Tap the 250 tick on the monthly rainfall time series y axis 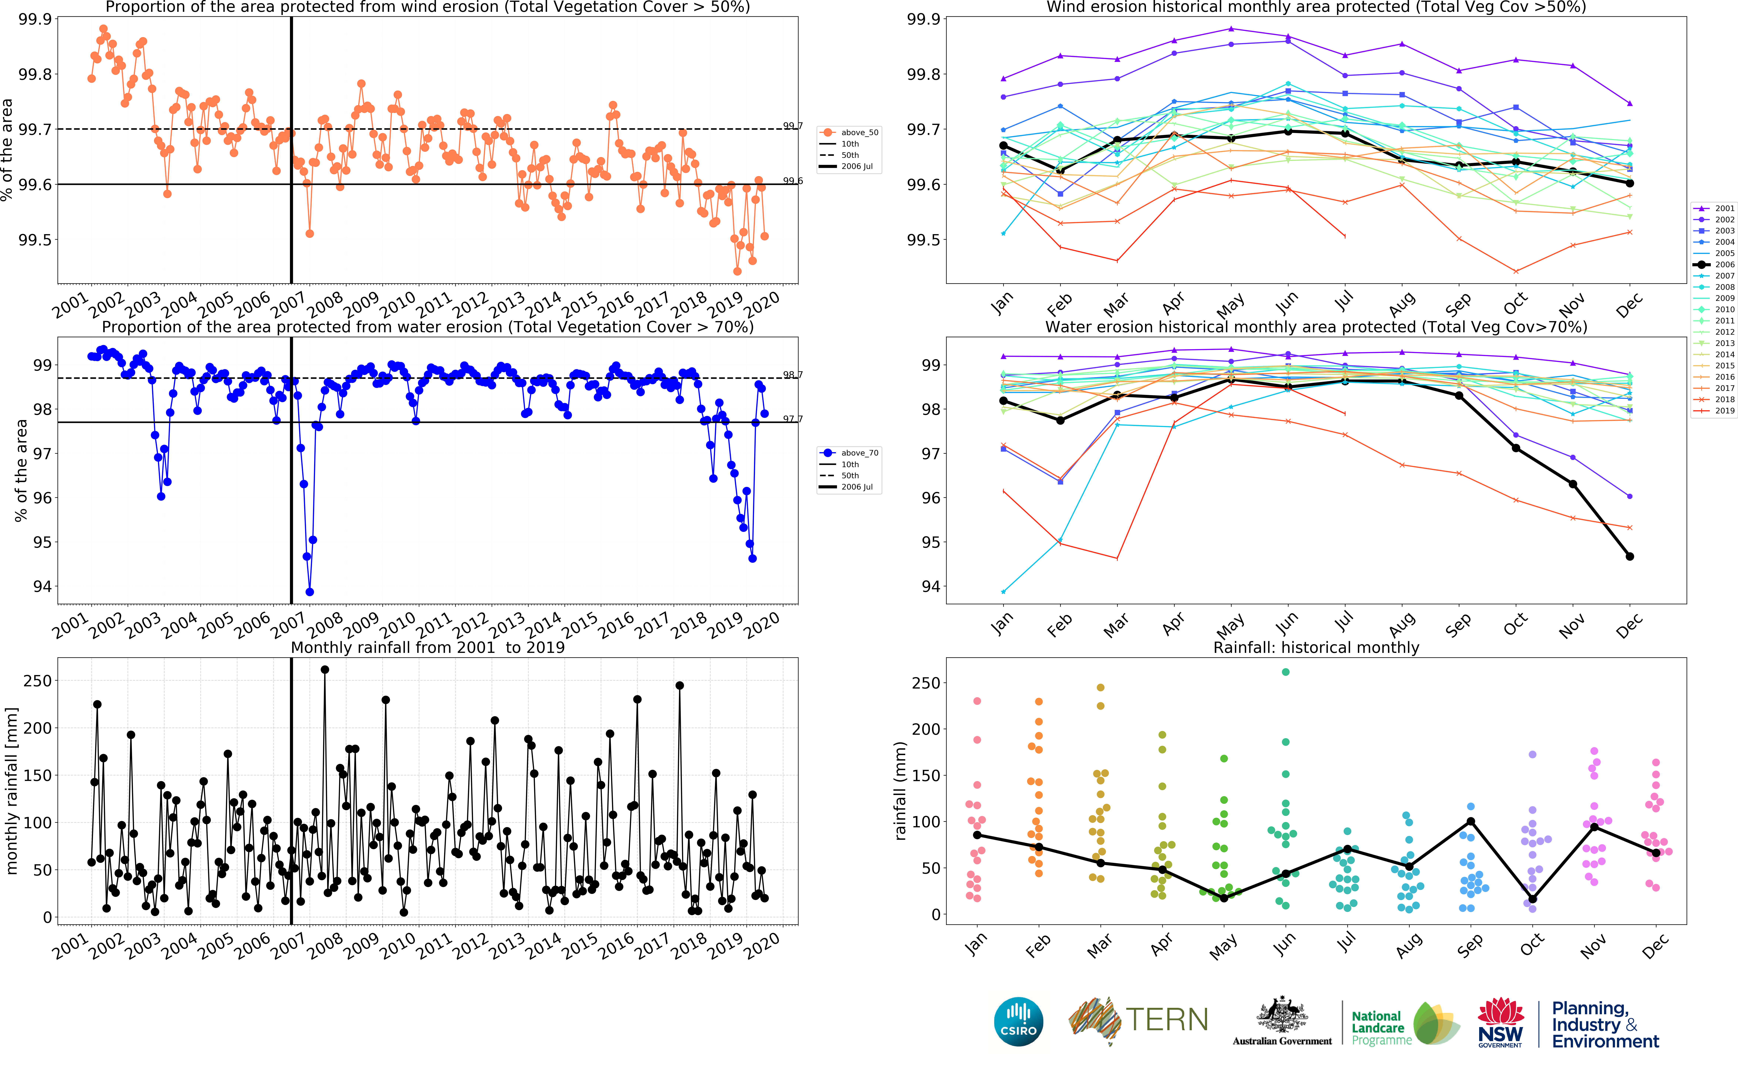(x=37, y=681)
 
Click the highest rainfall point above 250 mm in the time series (x=325, y=670)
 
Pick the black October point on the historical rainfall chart (x=1533, y=899)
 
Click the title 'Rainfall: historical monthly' (x=1316, y=647)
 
